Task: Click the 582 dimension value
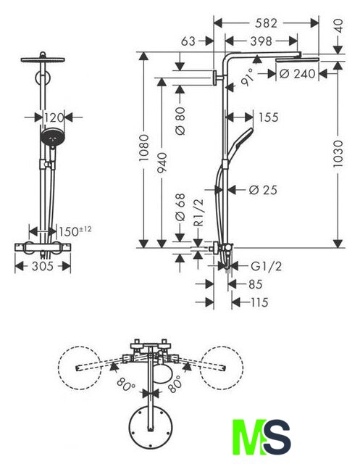click(266, 23)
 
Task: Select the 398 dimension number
click(261, 41)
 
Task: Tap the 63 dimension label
click(188, 41)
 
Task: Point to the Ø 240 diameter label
click(297, 74)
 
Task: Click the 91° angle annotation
click(248, 77)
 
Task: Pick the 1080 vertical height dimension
click(144, 148)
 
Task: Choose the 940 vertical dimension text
click(162, 162)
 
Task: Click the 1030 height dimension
click(338, 154)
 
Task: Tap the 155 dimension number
click(269, 117)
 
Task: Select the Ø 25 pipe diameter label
click(263, 190)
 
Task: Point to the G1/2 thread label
click(266, 266)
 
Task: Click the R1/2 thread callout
click(199, 212)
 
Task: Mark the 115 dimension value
click(259, 302)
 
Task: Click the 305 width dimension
click(43, 266)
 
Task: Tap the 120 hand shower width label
click(54, 117)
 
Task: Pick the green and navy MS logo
click(261, 436)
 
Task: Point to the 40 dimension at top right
click(339, 26)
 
